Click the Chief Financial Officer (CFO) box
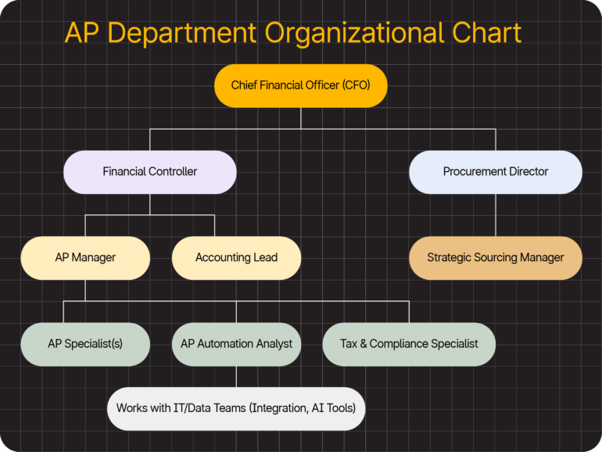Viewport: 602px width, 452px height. (x=300, y=85)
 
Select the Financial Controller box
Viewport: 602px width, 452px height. (x=149, y=171)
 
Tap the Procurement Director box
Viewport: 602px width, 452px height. (x=495, y=171)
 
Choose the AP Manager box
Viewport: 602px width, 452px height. (x=85, y=257)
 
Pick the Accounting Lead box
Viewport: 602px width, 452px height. (x=236, y=257)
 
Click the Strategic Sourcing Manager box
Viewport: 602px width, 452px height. (x=495, y=257)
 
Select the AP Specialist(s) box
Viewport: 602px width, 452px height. (x=85, y=343)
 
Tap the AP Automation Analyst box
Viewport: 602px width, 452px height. (x=236, y=343)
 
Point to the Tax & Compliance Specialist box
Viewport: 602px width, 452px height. (x=409, y=343)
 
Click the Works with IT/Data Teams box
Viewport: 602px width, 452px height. (x=236, y=407)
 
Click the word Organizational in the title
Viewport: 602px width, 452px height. (x=354, y=34)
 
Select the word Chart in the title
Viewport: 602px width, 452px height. (x=486, y=34)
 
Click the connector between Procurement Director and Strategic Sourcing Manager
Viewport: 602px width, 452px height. (x=495, y=215)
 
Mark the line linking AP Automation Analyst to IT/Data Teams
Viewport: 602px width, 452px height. (x=236, y=376)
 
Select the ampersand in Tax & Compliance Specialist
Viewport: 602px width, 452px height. (x=364, y=343)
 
